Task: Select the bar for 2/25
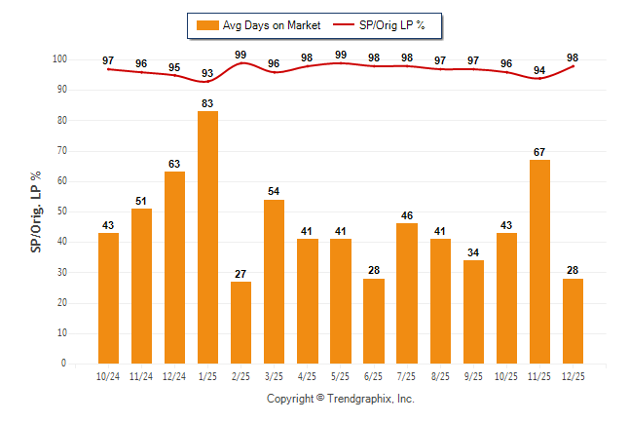(x=240, y=322)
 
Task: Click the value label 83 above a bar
(x=207, y=103)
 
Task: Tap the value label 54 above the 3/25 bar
(x=274, y=192)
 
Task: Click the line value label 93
(x=207, y=73)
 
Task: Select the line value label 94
(x=539, y=70)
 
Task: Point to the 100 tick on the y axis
(x=59, y=59)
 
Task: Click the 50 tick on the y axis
(x=62, y=211)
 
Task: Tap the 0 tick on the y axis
(x=65, y=364)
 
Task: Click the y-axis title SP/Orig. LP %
(x=36, y=211)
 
